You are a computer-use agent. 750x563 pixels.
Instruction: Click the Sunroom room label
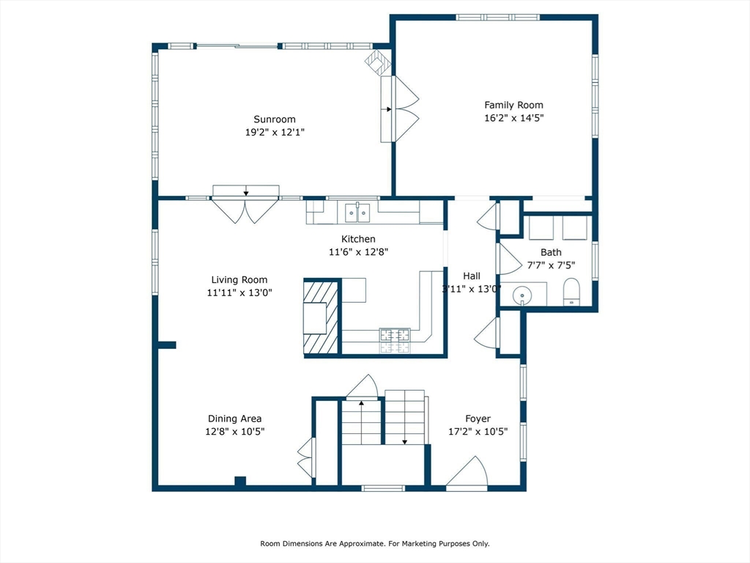275,119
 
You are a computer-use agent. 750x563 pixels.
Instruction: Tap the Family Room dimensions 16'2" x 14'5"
514,118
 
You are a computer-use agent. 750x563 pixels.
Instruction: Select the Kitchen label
358,239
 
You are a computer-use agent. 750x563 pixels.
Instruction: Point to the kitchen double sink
357,213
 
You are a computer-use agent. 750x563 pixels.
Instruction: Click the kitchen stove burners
395,340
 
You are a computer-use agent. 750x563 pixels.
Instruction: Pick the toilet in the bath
571,292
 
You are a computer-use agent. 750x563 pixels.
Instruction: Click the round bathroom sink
521,295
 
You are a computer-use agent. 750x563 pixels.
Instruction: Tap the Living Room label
240,279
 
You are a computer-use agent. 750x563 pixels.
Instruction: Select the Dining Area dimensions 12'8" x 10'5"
235,431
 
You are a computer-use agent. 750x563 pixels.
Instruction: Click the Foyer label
478,419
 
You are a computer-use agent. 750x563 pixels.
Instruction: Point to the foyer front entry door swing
467,474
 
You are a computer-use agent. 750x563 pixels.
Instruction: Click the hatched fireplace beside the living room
322,317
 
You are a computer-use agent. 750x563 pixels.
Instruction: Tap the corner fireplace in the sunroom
379,63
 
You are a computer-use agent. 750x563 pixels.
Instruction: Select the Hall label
472,276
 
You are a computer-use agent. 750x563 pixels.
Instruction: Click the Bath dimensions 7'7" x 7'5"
551,265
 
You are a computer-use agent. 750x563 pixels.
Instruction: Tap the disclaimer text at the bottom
375,543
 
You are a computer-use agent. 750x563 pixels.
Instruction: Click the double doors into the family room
400,109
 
